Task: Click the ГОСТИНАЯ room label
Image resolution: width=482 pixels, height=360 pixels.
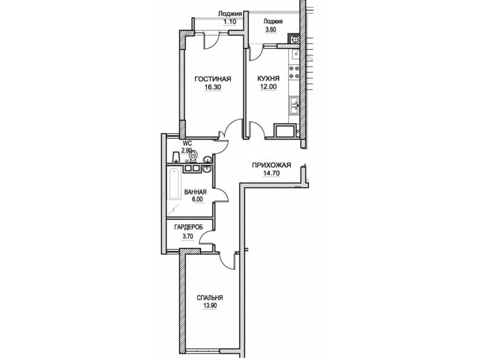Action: pyautogui.click(x=213, y=79)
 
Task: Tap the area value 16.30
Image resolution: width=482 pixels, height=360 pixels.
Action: pyautogui.click(x=212, y=87)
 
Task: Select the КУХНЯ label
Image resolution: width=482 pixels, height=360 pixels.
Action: pyautogui.click(x=268, y=79)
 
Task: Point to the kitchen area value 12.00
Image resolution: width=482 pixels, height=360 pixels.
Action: pyautogui.click(x=268, y=87)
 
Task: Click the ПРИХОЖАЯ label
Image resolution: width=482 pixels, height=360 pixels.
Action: pyautogui.click(x=272, y=165)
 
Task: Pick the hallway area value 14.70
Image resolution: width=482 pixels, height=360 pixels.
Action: pyautogui.click(x=272, y=173)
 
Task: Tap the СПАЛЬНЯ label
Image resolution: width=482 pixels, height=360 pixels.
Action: pyautogui.click(x=210, y=298)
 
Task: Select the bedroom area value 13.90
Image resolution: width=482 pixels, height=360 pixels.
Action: pyautogui.click(x=210, y=305)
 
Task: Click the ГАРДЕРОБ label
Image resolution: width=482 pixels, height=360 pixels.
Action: pyautogui.click(x=188, y=227)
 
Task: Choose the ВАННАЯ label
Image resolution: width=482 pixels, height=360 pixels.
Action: pyautogui.click(x=195, y=192)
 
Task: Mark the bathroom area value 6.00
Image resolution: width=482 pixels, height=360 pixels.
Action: pyautogui.click(x=197, y=199)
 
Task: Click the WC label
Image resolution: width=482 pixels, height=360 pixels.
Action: pyautogui.click(x=188, y=143)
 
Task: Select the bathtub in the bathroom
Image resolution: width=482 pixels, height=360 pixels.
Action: pyautogui.click(x=174, y=184)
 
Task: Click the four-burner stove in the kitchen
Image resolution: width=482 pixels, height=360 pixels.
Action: pyautogui.click(x=294, y=72)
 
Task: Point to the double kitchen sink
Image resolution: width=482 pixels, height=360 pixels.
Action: pyautogui.click(x=294, y=106)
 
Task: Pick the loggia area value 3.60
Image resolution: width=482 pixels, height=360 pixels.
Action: pyautogui.click(x=270, y=30)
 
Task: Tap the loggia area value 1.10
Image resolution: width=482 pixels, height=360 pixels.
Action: pyautogui.click(x=230, y=22)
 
